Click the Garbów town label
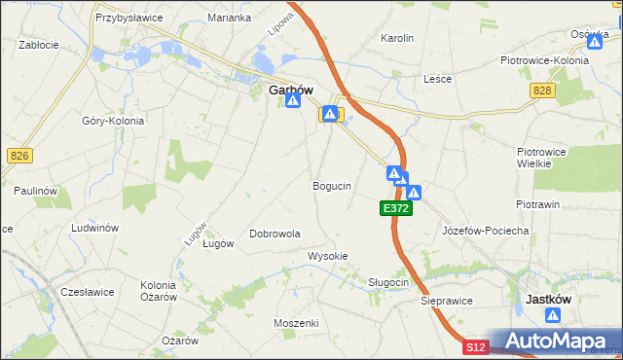pos(290,90)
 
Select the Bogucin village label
pos(332,185)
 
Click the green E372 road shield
pos(395,208)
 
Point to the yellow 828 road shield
pos(542,90)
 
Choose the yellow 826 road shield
pos(18,156)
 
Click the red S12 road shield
pos(474,347)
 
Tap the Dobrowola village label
pos(275,234)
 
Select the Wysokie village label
pos(328,256)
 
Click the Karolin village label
pos(397,38)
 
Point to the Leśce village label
pos(438,79)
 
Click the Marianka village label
pos(230,18)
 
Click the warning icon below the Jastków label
pos(553,316)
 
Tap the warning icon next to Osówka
pos(595,42)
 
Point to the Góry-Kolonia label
pos(113,121)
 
